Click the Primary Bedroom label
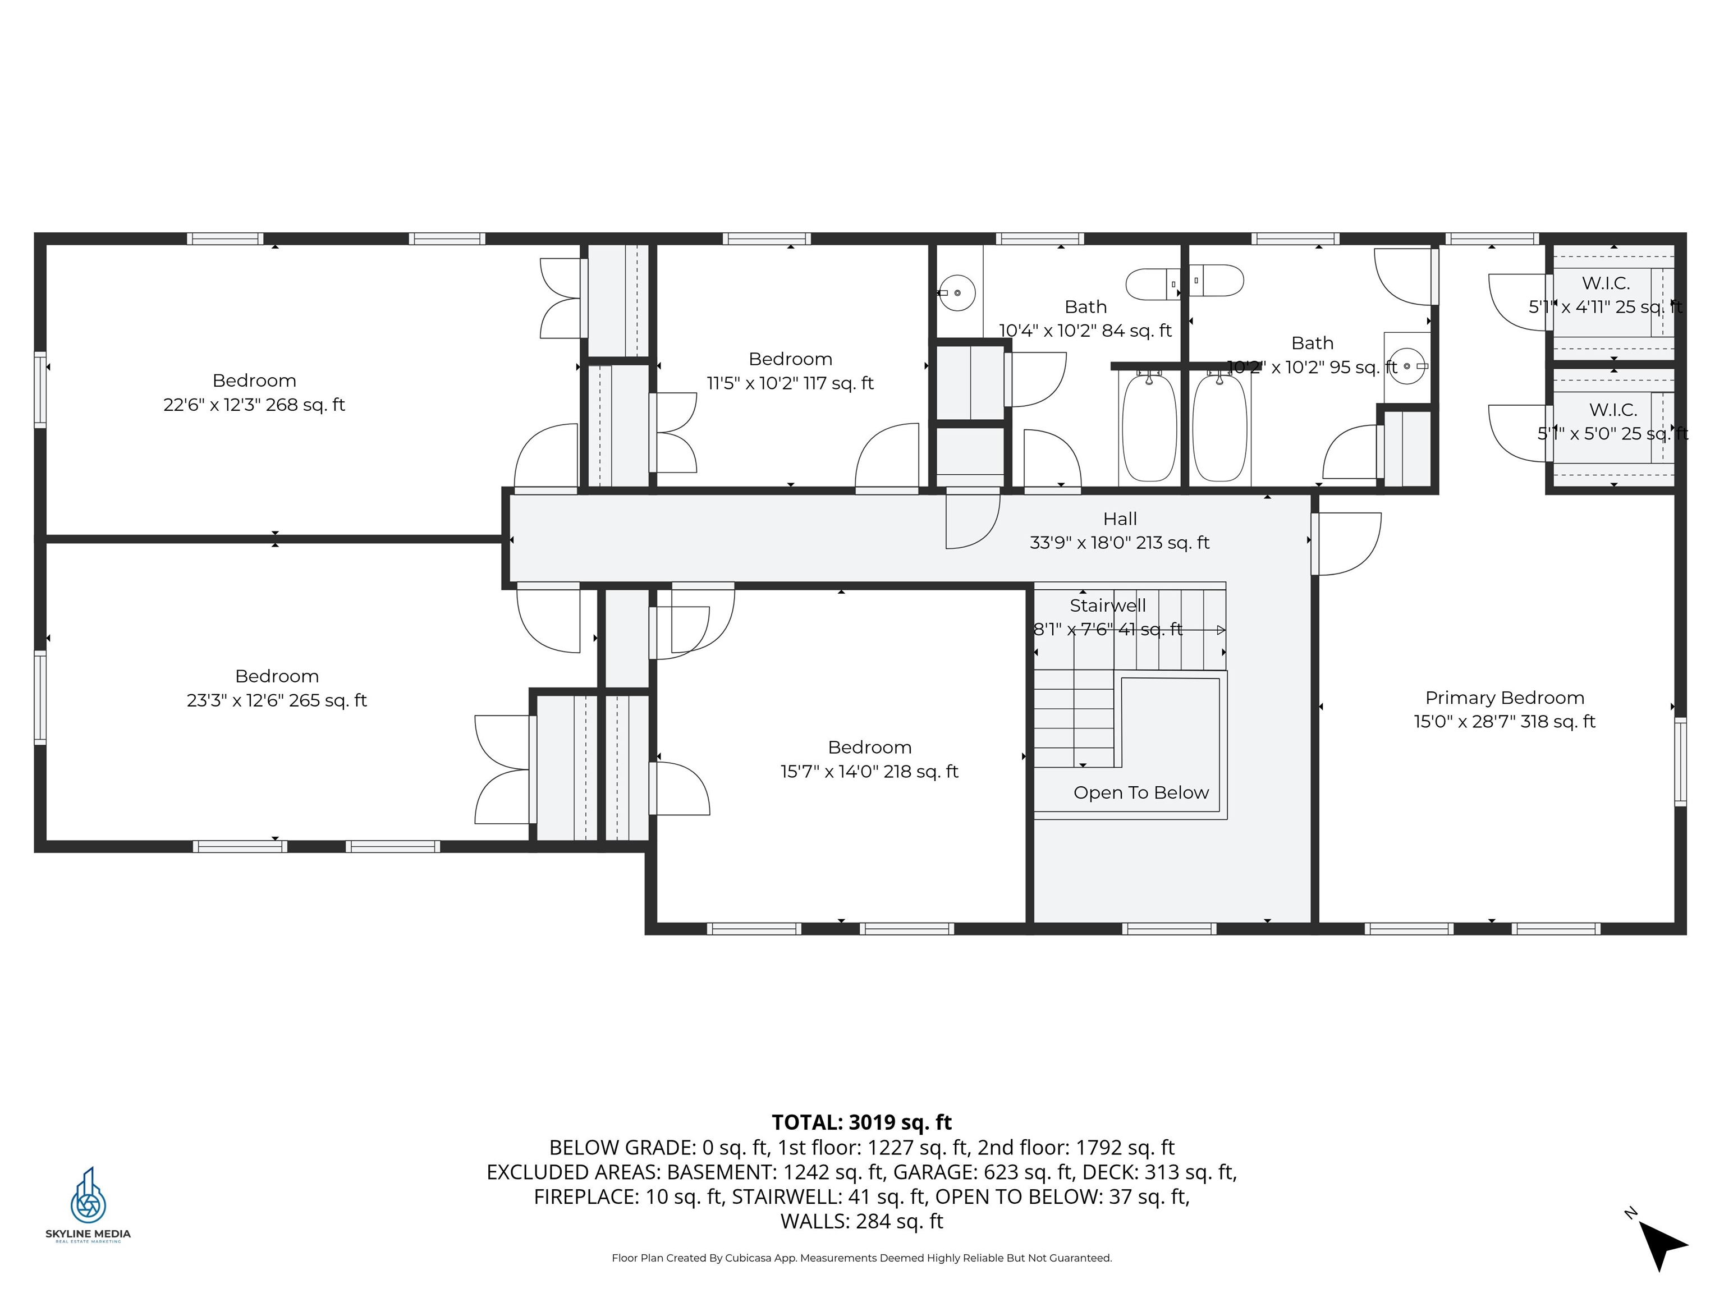point(1504,698)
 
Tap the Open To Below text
point(1141,792)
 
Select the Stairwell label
point(1107,606)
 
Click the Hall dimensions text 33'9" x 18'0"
point(1119,543)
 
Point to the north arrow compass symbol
point(1662,1244)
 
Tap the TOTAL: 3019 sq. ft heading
point(861,1122)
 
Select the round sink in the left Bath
point(957,293)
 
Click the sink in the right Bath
point(1407,365)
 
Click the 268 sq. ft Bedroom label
point(254,392)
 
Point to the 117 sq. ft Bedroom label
point(790,371)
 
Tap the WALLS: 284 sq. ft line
point(861,1221)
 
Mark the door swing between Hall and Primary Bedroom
point(1347,543)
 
